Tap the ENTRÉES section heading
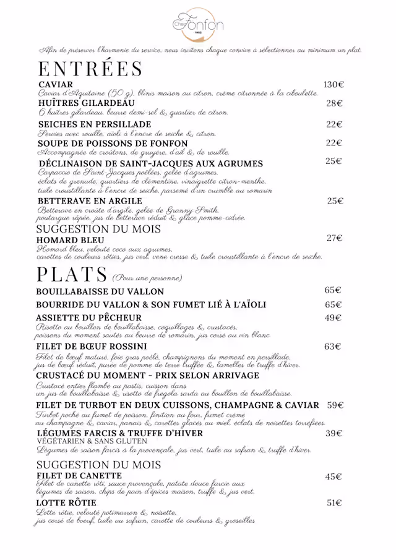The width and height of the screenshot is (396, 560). coord(90,69)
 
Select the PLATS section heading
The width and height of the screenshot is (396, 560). coord(72,274)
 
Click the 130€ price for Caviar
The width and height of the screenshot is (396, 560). coord(334,85)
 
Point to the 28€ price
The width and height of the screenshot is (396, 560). coord(335,103)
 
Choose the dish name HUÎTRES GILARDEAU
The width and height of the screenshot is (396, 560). coord(85,103)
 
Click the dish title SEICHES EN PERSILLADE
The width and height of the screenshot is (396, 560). coord(94,124)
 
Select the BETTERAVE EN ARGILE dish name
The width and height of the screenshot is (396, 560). coord(90,201)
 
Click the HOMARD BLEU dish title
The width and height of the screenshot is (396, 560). coord(71,240)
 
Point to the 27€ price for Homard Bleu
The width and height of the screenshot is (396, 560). coord(335,238)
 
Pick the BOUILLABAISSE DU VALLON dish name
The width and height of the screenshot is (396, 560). coord(100,291)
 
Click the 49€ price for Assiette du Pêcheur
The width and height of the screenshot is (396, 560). coord(334,318)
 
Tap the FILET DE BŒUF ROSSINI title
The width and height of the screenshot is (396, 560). coord(92,347)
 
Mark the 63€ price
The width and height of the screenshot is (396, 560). coord(333,347)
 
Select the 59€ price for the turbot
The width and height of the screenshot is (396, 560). coord(335,405)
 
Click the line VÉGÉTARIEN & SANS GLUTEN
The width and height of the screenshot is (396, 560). coord(92,441)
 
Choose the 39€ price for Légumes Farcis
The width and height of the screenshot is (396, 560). coord(334,434)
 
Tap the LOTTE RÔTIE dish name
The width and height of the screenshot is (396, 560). coord(67,503)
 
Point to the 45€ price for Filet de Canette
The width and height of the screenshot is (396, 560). coord(334,476)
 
